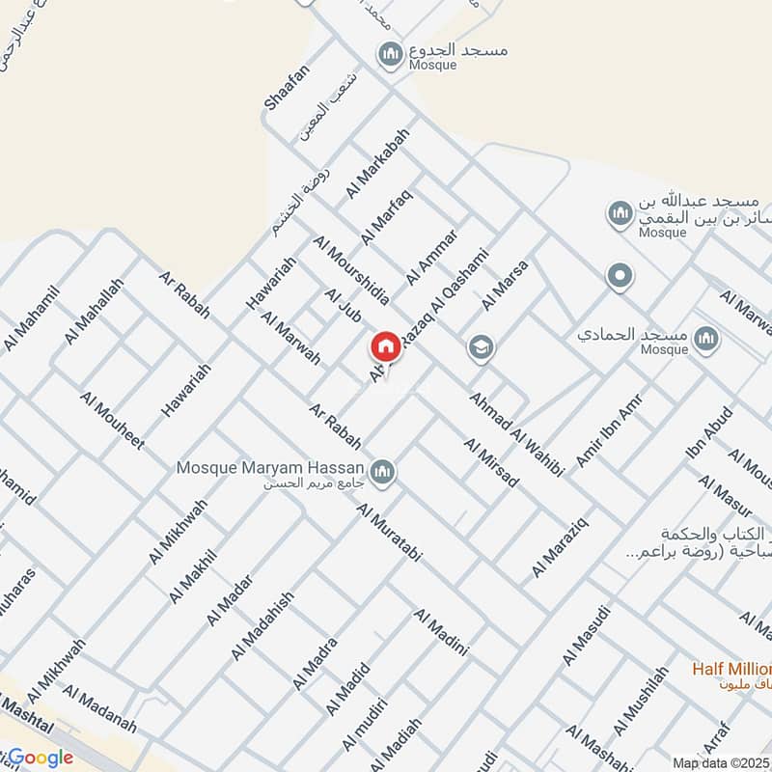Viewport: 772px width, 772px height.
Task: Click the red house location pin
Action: point(385,346)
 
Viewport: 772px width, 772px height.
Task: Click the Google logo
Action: point(41,758)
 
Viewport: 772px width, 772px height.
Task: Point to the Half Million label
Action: point(732,669)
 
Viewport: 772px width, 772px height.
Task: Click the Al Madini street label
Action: point(441,633)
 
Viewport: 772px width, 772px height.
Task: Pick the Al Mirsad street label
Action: point(491,463)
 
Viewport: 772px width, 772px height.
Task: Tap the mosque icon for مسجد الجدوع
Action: point(391,53)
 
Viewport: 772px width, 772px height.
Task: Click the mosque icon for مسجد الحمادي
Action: point(707,338)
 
